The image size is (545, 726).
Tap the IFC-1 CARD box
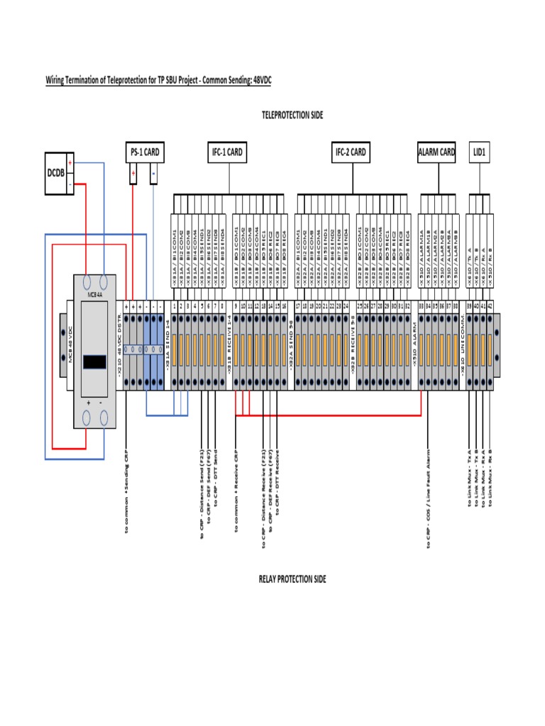click(227, 151)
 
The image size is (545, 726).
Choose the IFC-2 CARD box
click(351, 151)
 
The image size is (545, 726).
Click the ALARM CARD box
click(436, 151)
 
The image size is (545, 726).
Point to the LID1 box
click(480, 151)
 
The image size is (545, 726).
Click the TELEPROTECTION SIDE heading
click(292, 115)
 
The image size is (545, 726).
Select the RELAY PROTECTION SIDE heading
click(292, 579)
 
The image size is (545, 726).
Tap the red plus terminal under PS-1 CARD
click(133, 174)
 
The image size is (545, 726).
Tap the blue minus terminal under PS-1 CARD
click(154, 174)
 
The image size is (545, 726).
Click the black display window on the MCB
click(94, 362)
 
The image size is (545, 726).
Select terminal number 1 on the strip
click(175, 306)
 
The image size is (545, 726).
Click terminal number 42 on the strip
click(490, 306)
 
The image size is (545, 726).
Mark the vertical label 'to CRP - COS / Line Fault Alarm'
click(428, 496)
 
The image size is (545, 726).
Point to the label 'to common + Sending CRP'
click(126, 489)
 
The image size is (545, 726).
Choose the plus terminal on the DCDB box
click(70, 162)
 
